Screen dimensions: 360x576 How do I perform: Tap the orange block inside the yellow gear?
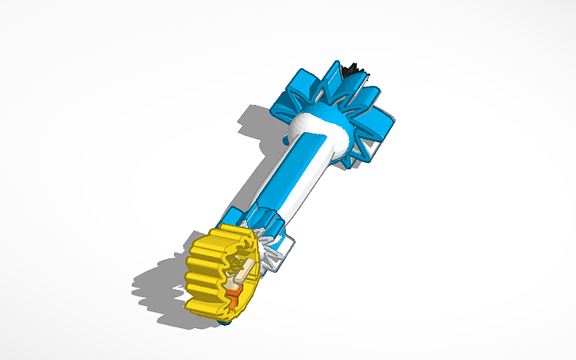pos(234,297)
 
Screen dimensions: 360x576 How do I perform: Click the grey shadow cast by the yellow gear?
pos(159,286)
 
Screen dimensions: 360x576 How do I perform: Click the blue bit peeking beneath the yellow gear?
pos(226,322)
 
